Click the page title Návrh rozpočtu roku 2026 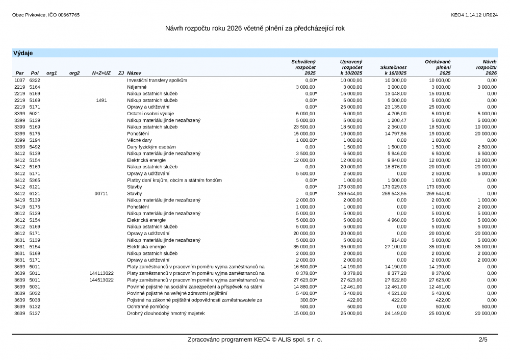[x=255, y=28]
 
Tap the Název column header [x=135, y=73]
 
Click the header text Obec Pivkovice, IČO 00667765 [x=46, y=15]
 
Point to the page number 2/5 [x=483, y=340]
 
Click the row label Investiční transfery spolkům [x=157, y=81]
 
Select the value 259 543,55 [x=393, y=194]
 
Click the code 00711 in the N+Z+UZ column [x=101, y=194]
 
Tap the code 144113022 [x=101, y=273]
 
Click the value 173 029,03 [x=393, y=187]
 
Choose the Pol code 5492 [x=35, y=147]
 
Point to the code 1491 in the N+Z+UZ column [x=101, y=100]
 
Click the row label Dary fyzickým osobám [x=150, y=147]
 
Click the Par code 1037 [x=19, y=81]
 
